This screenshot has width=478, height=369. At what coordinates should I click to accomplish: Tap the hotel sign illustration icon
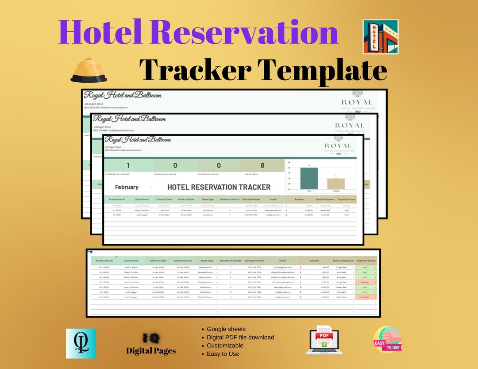(x=380, y=37)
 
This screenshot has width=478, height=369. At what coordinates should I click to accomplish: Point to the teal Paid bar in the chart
(x=308, y=178)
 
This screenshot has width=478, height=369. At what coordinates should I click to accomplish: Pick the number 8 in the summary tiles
(x=262, y=165)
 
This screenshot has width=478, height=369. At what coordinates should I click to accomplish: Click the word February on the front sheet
(x=127, y=187)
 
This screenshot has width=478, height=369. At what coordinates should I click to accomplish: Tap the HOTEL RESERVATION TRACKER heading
(x=219, y=187)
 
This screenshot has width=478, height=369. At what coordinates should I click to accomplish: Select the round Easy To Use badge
(x=387, y=339)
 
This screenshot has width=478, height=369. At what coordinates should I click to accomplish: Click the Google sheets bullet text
(x=226, y=329)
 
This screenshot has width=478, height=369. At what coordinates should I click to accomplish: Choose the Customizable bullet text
(x=225, y=345)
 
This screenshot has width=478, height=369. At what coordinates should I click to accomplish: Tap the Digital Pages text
(x=151, y=350)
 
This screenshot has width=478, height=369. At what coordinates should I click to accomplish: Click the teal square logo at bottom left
(x=81, y=343)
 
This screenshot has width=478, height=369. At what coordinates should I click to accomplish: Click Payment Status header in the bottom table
(x=366, y=261)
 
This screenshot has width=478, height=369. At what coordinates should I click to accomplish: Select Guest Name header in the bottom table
(x=131, y=261)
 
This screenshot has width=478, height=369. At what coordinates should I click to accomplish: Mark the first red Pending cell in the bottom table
(x=365, y=282)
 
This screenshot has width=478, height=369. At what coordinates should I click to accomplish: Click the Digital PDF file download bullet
(x=240, y=337)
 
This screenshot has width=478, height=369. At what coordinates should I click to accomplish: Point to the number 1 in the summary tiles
(x=128, y=165)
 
